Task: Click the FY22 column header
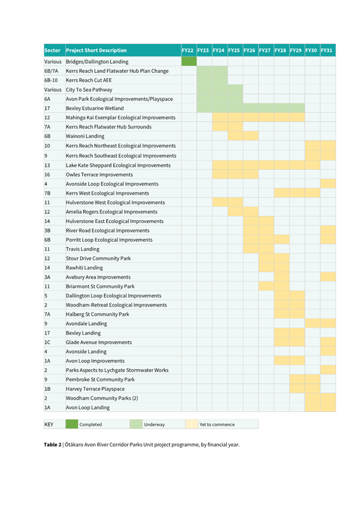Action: click(x=187, y=51)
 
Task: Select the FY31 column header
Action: click(x=327, y=51)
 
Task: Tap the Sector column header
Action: click(x=52, y=51)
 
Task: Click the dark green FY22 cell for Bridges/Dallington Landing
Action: click(x=189, y=62)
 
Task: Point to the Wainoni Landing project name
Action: click(x=85, y=136)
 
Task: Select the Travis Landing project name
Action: click(x=82, y=249)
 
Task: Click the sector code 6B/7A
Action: click(x=51, y=71)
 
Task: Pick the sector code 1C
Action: click(x=47, y=342)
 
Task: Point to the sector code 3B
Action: click(x=47, y=230)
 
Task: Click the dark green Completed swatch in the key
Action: click(x=71, y=424)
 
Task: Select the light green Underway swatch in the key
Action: click(x=136, y=424)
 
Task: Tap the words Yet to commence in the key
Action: click(x=217, y=425)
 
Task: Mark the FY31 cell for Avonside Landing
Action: click(x=328, y=351)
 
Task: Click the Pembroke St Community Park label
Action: click(x=100, y=379)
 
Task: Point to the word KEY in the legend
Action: click(x=49, y=424)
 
